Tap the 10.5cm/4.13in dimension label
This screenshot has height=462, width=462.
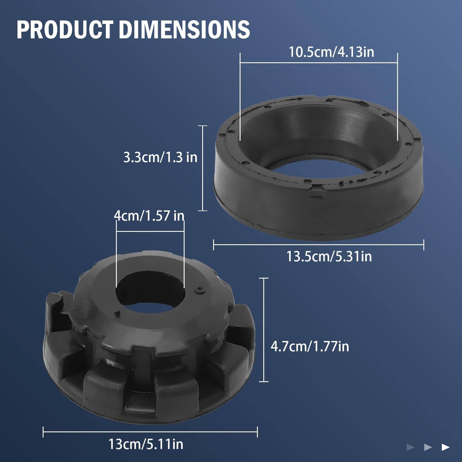(x=331, y=52)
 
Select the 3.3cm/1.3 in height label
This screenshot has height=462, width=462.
(x=160, y=157)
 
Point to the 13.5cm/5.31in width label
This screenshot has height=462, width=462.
(x=329, y=256)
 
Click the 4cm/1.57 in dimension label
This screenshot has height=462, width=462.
(x=149, y=216)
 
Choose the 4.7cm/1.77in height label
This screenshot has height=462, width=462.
(x=310, y=346)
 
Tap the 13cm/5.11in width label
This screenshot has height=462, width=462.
(x=146, y=444)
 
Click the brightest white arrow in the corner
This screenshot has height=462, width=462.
(x=446, y=447)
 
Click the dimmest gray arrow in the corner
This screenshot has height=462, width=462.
(x=410, y=447)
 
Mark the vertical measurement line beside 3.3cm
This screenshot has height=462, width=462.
(x=203, y=168)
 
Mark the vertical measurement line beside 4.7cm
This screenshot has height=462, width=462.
(x=264, y=330)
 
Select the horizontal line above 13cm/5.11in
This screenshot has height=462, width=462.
(x=150, y=432)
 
